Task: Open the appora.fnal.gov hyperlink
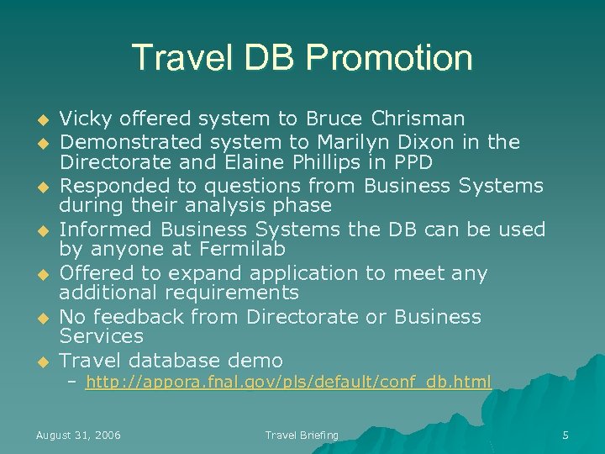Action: tap(287, 383)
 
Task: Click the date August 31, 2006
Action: tap(78, 435)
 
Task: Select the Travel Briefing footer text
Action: tap(302, 435)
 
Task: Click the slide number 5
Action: tap(566, 435)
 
